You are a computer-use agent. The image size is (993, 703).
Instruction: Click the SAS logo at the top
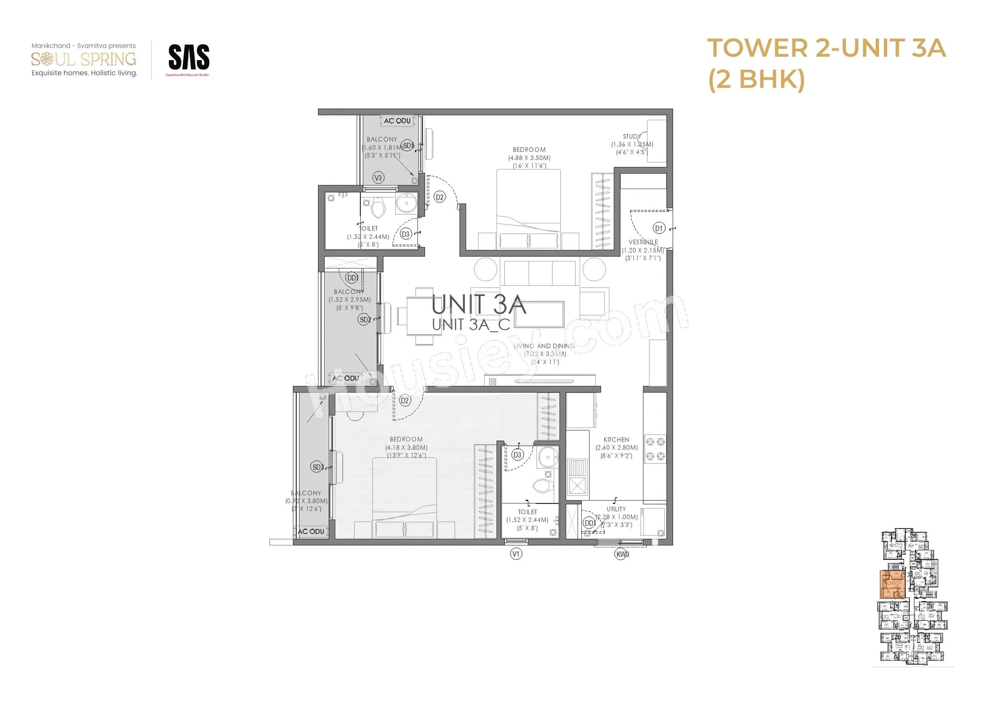(188, 58)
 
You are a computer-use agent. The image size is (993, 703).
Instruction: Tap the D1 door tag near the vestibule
(658, 228)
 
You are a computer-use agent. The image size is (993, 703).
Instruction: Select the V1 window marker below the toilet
(516, 554)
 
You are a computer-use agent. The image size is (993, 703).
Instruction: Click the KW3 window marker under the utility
(622, 554)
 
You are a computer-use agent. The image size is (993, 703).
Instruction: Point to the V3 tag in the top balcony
(378, 178)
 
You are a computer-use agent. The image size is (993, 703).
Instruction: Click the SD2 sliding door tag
(364, 320)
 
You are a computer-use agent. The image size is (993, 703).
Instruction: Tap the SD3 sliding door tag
(317, 467)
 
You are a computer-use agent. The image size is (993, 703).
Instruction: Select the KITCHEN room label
(616, 439)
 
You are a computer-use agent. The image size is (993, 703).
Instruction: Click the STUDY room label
(631, 137)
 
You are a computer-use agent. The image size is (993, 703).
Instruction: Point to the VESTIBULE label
(643, 242)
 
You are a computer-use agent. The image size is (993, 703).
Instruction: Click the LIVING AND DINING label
(544, 346)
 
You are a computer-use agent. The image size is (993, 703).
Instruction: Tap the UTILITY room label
(616, 509)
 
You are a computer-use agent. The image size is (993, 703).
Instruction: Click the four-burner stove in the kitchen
(655, 449)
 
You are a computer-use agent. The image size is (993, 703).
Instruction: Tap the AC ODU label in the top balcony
(397, 121)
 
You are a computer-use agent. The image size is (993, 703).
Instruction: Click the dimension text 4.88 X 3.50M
(529, 158)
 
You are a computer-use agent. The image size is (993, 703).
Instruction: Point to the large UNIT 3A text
(478, 305)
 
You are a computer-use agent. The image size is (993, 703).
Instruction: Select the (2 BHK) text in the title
(756, 79)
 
